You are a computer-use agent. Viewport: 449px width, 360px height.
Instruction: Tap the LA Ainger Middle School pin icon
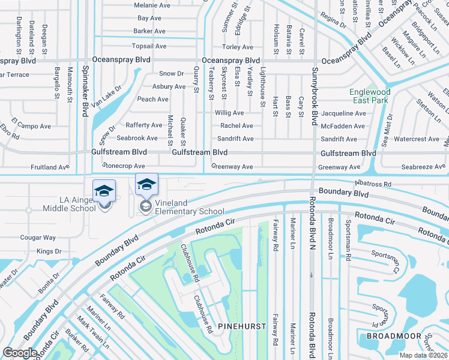[x=104, y=191]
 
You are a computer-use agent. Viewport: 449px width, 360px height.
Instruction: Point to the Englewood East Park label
[x=370, y=97]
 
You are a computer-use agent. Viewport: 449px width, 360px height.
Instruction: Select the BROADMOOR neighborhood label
[x=393, y=335]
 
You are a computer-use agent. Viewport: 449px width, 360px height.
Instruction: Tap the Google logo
[x=20, y=352]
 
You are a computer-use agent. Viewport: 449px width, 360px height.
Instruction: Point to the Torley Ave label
[x=238, y=47]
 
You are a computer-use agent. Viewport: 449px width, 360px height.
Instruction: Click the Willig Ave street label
[x=229, y=113]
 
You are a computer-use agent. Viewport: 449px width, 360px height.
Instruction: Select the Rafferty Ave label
[x=144, y=125]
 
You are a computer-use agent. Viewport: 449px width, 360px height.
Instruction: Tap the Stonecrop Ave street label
[x=124, y=166]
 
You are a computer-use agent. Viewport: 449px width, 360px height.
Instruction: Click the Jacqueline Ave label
[x=343, y=113]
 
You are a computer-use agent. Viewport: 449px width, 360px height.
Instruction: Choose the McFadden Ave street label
[x=343, y=126]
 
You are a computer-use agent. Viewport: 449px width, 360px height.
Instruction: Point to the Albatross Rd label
[x=372, y=184]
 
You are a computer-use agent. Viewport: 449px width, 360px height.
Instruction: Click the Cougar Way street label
[x=38, y=238]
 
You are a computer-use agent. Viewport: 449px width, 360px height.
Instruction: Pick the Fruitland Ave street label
[x=50, y=167]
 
